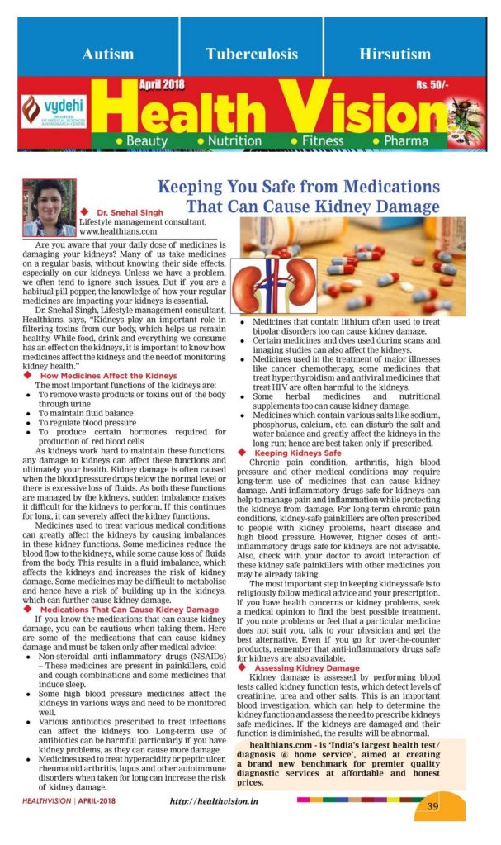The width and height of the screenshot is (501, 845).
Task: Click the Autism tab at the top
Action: tap(108, 55)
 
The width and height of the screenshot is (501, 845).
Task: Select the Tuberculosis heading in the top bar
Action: tap(252, 55)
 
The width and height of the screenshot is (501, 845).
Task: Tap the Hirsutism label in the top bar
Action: tap(394, 55)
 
